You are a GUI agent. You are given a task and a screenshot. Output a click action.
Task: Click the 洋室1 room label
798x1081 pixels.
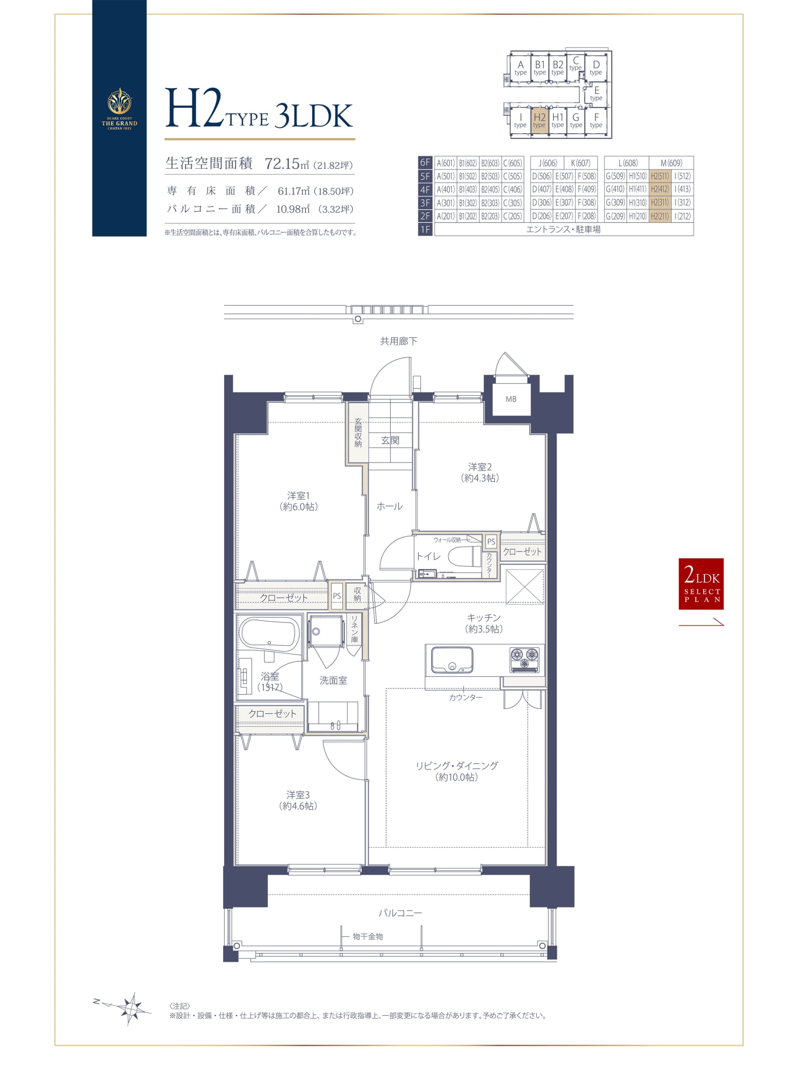(x=298, y=496)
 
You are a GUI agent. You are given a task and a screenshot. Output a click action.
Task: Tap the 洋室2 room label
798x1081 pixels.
(x=480, y=467)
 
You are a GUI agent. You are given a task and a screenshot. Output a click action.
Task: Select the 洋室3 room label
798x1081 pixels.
(x=298, y=795)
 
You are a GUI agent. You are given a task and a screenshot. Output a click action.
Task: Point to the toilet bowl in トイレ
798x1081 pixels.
(x=465, y=556)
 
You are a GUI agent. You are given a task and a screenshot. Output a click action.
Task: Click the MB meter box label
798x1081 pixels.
(x=511, y=399)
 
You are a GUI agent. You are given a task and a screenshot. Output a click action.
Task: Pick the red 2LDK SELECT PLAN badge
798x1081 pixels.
(x=701, y=584)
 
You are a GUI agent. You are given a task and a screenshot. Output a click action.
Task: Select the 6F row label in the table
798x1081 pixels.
(x=425, y=163)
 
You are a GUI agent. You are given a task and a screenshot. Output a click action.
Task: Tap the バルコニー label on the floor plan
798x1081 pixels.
(x=400, y=913)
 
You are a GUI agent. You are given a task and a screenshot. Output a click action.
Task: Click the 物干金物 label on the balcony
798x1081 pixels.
(x=368, y=936)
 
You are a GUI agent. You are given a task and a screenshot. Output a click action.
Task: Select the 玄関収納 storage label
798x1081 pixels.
(x=358, y=432)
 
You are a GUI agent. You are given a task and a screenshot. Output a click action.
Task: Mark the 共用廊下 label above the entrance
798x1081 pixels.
(x=399, y=341)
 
